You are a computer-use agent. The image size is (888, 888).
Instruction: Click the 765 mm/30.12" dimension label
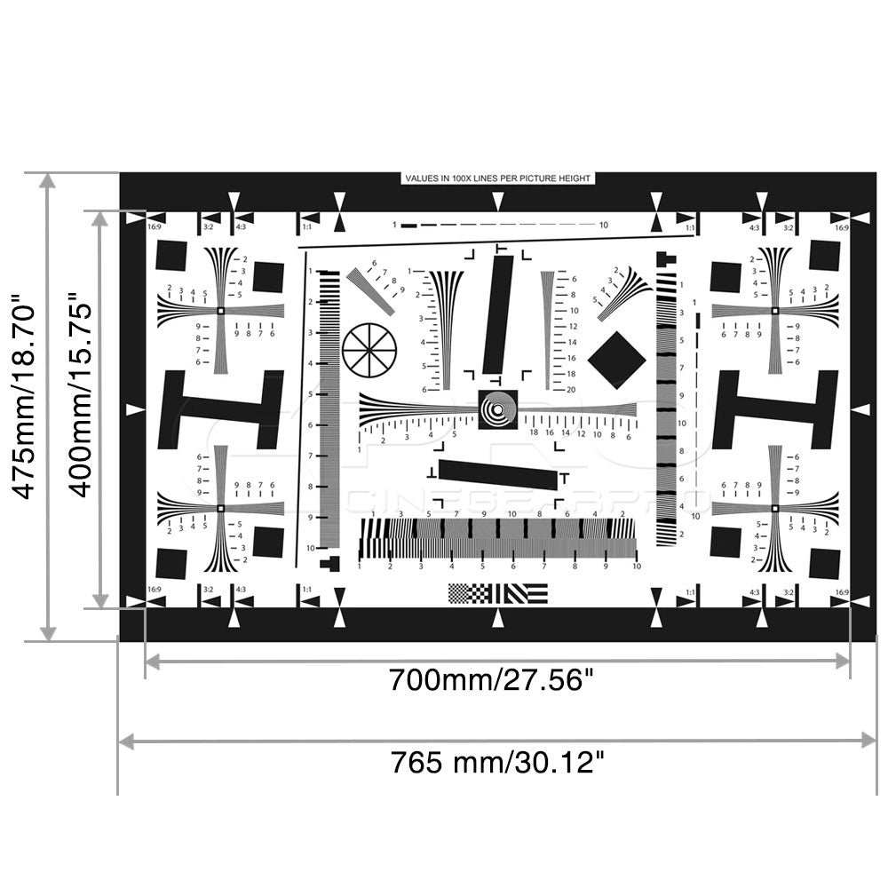[498, 762]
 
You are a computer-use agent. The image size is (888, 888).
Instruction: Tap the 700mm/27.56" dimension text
[491, 681]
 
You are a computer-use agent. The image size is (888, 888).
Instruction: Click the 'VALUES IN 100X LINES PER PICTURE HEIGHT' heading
[497, 178]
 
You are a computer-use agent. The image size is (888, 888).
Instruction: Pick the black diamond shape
[616, 359]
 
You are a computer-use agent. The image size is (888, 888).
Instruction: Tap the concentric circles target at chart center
[497, 409]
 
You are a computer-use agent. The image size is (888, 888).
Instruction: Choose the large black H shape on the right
[775, 409]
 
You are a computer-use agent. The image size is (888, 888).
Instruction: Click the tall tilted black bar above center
[498, 314]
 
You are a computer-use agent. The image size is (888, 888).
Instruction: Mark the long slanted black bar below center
[498, 475]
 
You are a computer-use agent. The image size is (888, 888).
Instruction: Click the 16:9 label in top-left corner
[154, 227]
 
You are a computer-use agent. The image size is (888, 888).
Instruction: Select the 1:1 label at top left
[306, 227]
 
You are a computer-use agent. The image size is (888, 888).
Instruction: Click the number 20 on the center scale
[570, 389]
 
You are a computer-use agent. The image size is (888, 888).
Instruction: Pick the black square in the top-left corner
[171, 256]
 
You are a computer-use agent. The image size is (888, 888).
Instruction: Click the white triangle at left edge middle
[134, 409]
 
